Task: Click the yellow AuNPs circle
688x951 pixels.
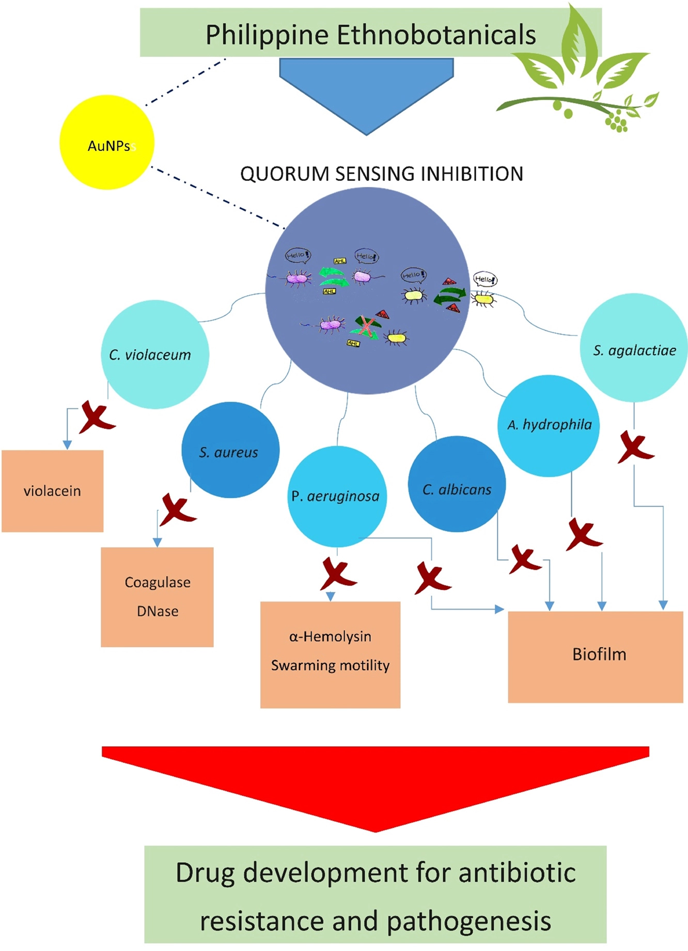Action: coord(107,143)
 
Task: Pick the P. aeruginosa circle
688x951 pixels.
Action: coord(337,496)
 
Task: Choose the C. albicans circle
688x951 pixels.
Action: coord(457,484)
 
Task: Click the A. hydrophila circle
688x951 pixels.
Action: coord(549,425)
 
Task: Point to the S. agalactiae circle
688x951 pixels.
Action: coord(634,348)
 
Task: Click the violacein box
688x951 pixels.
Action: coord(52,491)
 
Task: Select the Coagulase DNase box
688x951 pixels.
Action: coord(157,597)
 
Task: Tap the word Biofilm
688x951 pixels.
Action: coord(599,654)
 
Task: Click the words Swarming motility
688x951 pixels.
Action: coord(330,666)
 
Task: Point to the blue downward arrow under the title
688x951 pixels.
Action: coord(366,93)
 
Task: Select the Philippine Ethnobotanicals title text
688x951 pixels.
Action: coord(370,35)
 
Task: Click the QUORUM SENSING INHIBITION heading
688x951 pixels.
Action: coord(382,174)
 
